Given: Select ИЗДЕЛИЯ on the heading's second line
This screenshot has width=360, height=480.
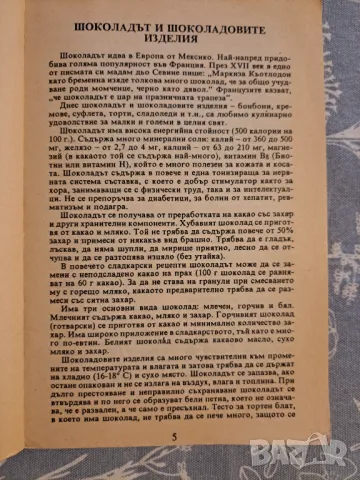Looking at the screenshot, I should pos(179,36).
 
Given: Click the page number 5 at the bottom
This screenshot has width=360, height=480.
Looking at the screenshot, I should pos(174,462).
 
